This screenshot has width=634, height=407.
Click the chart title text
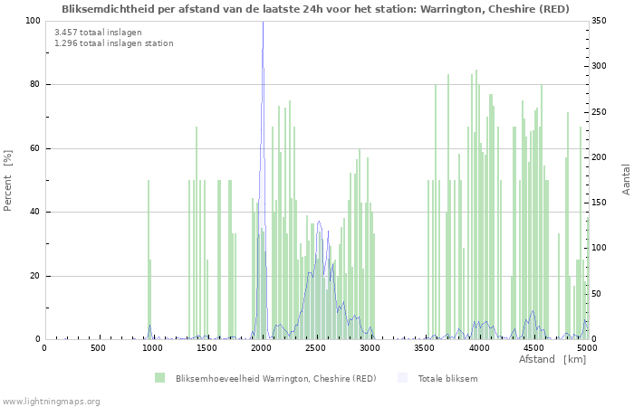tap(316, 9)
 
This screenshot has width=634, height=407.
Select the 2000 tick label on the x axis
tap(262, 347)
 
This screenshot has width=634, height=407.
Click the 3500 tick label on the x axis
tap(425, 347)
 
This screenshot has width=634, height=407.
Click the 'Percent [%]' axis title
tap(8, 180)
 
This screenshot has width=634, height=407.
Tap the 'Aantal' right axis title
tap(626, 179)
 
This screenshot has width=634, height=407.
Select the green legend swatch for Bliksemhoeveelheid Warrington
tap(160, 378)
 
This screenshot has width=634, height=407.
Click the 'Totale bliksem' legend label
tap(447, 378)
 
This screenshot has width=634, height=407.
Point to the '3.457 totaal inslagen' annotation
tap(91, 33)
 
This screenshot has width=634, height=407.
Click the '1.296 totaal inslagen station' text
tap(113, 43)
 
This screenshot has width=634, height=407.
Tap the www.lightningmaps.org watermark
tap(51, 401)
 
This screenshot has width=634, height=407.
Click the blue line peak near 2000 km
tap(263, 24)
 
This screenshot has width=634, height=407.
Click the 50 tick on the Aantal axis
tap(599, 294)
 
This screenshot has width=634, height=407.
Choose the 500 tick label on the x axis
tap(99, 347)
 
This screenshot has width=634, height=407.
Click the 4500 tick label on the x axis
tap(533, 347)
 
